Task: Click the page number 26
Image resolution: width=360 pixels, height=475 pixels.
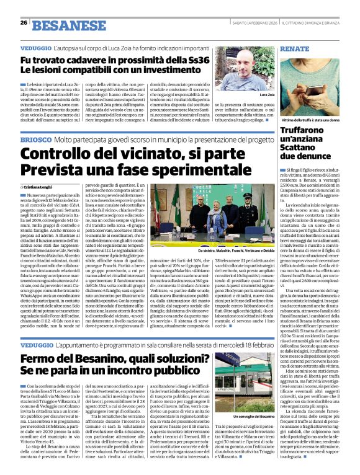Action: [x=23, y=22]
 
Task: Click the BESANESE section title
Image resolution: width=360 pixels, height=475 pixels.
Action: [x=60, y=25]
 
